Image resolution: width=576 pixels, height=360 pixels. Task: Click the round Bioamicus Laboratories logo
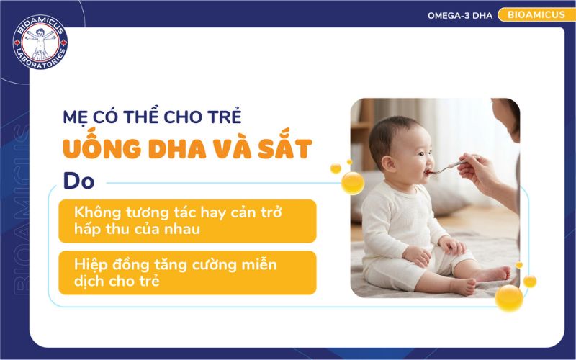pyautogui.click(x=40, y=43)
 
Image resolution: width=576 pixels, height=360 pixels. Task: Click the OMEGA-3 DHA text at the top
pyautogui.click(x=460, y=15)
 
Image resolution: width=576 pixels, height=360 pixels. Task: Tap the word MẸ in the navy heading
pyautogui.click(x=73, y=116)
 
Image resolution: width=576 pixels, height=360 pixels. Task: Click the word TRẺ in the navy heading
pyautogui.click(x=225, y=116)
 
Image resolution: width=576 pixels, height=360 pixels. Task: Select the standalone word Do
pyautogui.click(x=78, y=181)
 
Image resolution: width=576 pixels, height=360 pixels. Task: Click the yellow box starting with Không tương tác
pyautogui.click(x=187, y=221)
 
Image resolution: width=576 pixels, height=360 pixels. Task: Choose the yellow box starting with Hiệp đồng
pyautogui.click(x=187, y=273)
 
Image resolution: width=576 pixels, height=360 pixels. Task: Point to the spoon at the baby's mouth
pyautogui.click(x=444, y=167)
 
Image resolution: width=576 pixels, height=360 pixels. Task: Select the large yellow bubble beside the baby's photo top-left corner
pyautogui.click(x=352, y=182)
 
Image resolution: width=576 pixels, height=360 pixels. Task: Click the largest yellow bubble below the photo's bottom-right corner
pyautogui.click(x=509, y=297)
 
